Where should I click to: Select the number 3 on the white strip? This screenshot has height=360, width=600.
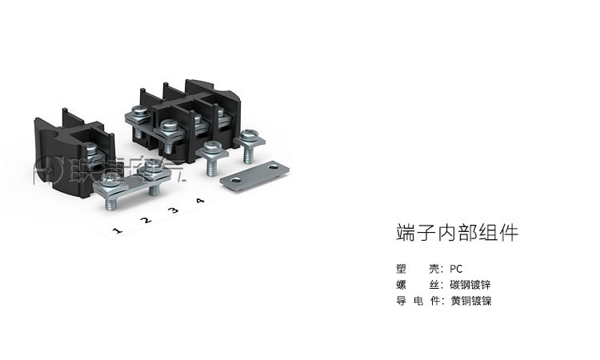pyautogui.click(x=174, y=211)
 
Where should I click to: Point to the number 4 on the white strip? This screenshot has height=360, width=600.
pyautogui.click(x=199, y=201)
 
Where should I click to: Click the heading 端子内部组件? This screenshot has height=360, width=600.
pyautogui.click(x=457, y=233)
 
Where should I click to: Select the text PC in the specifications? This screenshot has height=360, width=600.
pyautogui.click(x=456, y=269)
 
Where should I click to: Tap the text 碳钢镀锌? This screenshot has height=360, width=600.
pyautogui.click(x=470, y=285)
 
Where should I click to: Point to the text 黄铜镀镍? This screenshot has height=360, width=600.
pyautogui.click(x=470, y=301)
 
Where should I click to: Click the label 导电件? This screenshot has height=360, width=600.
pyautogui.click(x=419, y=301)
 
